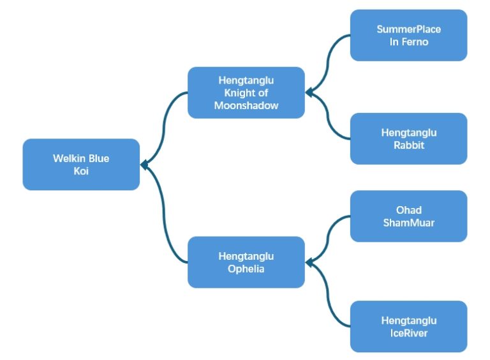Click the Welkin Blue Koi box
pos(81,164)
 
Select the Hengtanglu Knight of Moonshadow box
pos(246,93)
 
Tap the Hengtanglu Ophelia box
pos(246,262)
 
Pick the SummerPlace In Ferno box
pos(408,35)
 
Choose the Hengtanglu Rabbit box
pos(408,139)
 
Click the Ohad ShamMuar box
pos(408,216)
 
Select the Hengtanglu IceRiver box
pos(408,326)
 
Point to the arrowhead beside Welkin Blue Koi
pos(145,165)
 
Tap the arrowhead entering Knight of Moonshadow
pos(309,93)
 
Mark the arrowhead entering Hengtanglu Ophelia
pos(309,262)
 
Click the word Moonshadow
pos(246,105)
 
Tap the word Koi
pos(80,170)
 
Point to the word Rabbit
pos(408,145)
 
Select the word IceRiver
pos(408,333)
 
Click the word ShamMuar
pos(408,222)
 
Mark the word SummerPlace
pos(408,29)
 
